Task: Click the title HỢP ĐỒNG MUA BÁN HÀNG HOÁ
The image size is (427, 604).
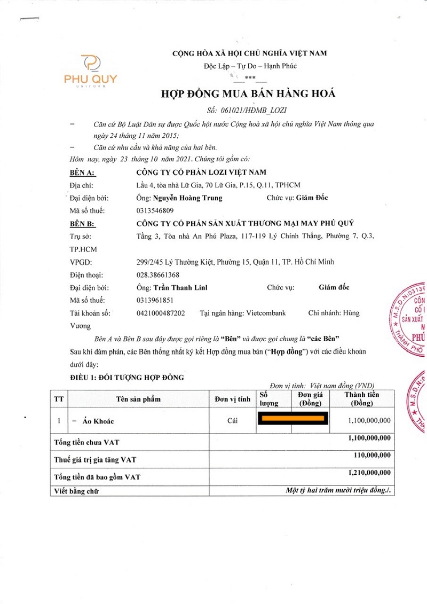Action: point(248,94)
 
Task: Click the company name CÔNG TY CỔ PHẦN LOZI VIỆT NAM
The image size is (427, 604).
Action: point(201,172)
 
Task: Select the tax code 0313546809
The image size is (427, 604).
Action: point(155,210)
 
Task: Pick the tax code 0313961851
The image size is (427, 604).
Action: point(155,300)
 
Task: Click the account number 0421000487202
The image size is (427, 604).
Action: point(161,313)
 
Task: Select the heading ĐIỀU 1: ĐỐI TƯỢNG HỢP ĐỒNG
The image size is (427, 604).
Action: point(127,378)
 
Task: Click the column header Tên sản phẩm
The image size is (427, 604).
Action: point(138,399)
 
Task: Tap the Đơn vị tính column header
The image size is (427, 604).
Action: point(232,399)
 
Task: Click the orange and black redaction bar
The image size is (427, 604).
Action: point(292,418)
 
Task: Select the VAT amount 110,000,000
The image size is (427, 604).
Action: point(372,456)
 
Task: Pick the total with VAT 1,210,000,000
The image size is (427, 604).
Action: point(369,473)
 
